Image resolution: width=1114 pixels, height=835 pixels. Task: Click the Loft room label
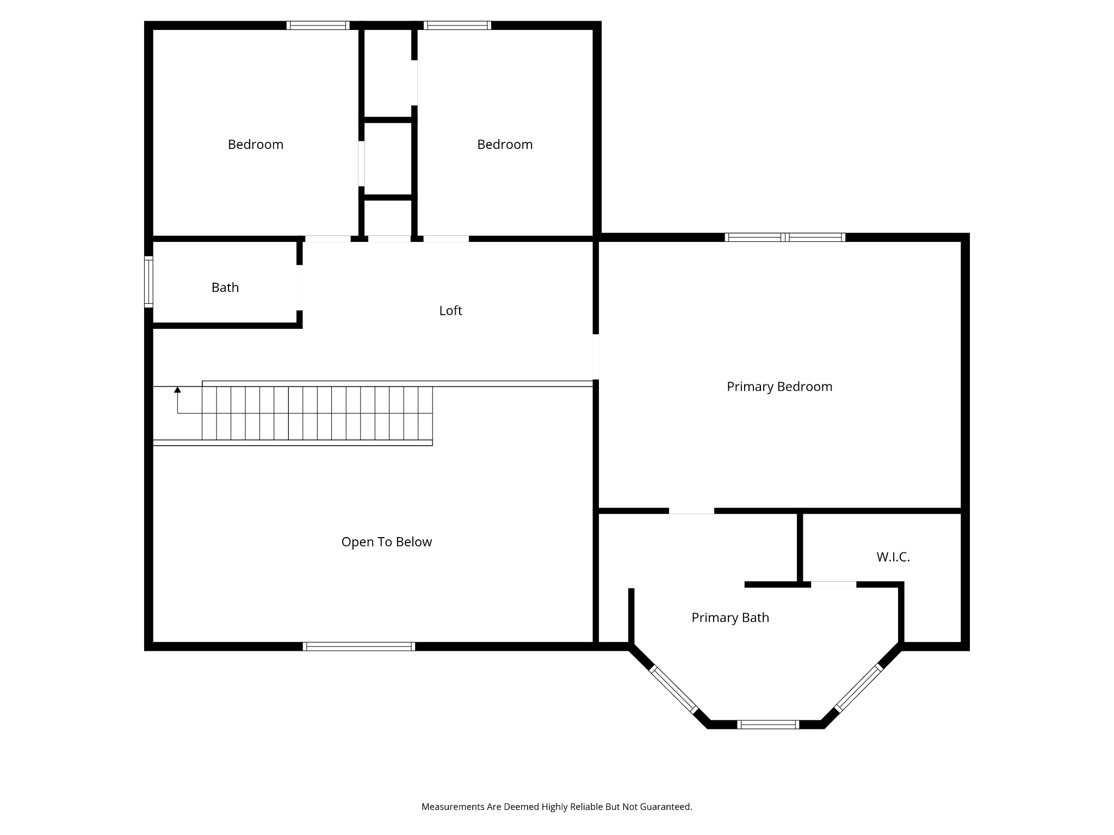450,310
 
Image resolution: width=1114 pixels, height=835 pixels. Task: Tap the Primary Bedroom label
779,387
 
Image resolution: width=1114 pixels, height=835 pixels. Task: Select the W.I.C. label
893,557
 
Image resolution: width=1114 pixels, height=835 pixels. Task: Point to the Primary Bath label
729,618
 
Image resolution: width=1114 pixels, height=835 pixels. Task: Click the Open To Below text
386,542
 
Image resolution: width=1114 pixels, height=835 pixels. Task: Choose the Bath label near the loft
225,288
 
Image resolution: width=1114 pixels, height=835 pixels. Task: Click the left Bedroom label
255,145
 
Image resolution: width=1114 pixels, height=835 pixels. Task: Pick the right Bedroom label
504,145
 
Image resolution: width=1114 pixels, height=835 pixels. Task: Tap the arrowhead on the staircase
177,390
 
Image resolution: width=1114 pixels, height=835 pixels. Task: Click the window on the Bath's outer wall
148,282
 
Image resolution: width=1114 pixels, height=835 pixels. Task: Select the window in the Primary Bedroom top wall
784,237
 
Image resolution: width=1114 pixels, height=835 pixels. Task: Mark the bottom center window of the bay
768,724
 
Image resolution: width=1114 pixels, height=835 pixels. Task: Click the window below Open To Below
358,646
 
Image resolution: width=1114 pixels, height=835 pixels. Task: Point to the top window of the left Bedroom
318,25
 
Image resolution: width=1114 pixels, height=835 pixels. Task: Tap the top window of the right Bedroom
457,25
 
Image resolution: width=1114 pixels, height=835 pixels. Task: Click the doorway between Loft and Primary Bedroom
596,357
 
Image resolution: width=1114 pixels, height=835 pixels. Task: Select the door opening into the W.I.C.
833,584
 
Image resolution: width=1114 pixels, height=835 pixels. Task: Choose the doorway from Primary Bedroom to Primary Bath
691,510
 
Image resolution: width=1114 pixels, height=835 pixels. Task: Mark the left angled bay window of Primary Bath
673,689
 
